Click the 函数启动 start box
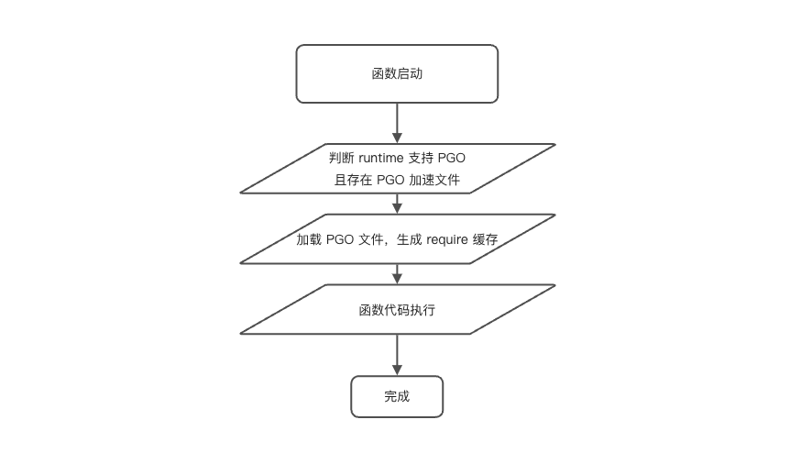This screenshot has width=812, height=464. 397,73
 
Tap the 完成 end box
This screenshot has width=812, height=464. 397,396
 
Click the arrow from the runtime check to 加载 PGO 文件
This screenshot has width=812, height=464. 397,204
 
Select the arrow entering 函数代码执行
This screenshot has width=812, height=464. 397,274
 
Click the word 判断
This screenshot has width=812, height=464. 341,158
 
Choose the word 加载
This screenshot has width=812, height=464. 309,239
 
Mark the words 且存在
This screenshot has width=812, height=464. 354,179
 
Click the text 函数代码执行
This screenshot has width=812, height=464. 397,310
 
